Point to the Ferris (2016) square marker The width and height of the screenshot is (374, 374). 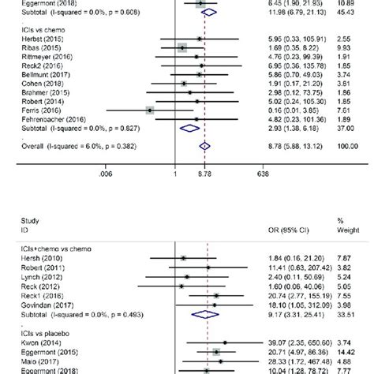point(150,110)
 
